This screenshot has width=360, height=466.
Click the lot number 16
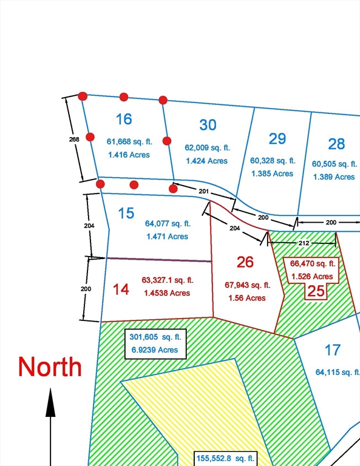pos(123,118)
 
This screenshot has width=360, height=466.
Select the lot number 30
pos(208,125)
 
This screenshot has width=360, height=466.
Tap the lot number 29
pos(277,138)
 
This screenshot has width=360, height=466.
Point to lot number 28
pos(336,144)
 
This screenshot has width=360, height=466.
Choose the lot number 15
pos(126,214)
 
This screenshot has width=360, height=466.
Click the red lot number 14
pos(121,289)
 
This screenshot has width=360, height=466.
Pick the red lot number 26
pos(245,262)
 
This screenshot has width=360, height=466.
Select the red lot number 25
pos(316,291)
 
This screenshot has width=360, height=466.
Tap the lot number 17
pos(332,350)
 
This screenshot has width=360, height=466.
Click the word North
pos(50,366)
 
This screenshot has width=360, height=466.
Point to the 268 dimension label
pos(73,138)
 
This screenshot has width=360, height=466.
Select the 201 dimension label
pos(204,191)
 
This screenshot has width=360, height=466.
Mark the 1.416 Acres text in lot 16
pos(129,155)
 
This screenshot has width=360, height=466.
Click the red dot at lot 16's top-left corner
pos(83,96)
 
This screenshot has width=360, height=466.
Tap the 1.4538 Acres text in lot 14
pos(166,292)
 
